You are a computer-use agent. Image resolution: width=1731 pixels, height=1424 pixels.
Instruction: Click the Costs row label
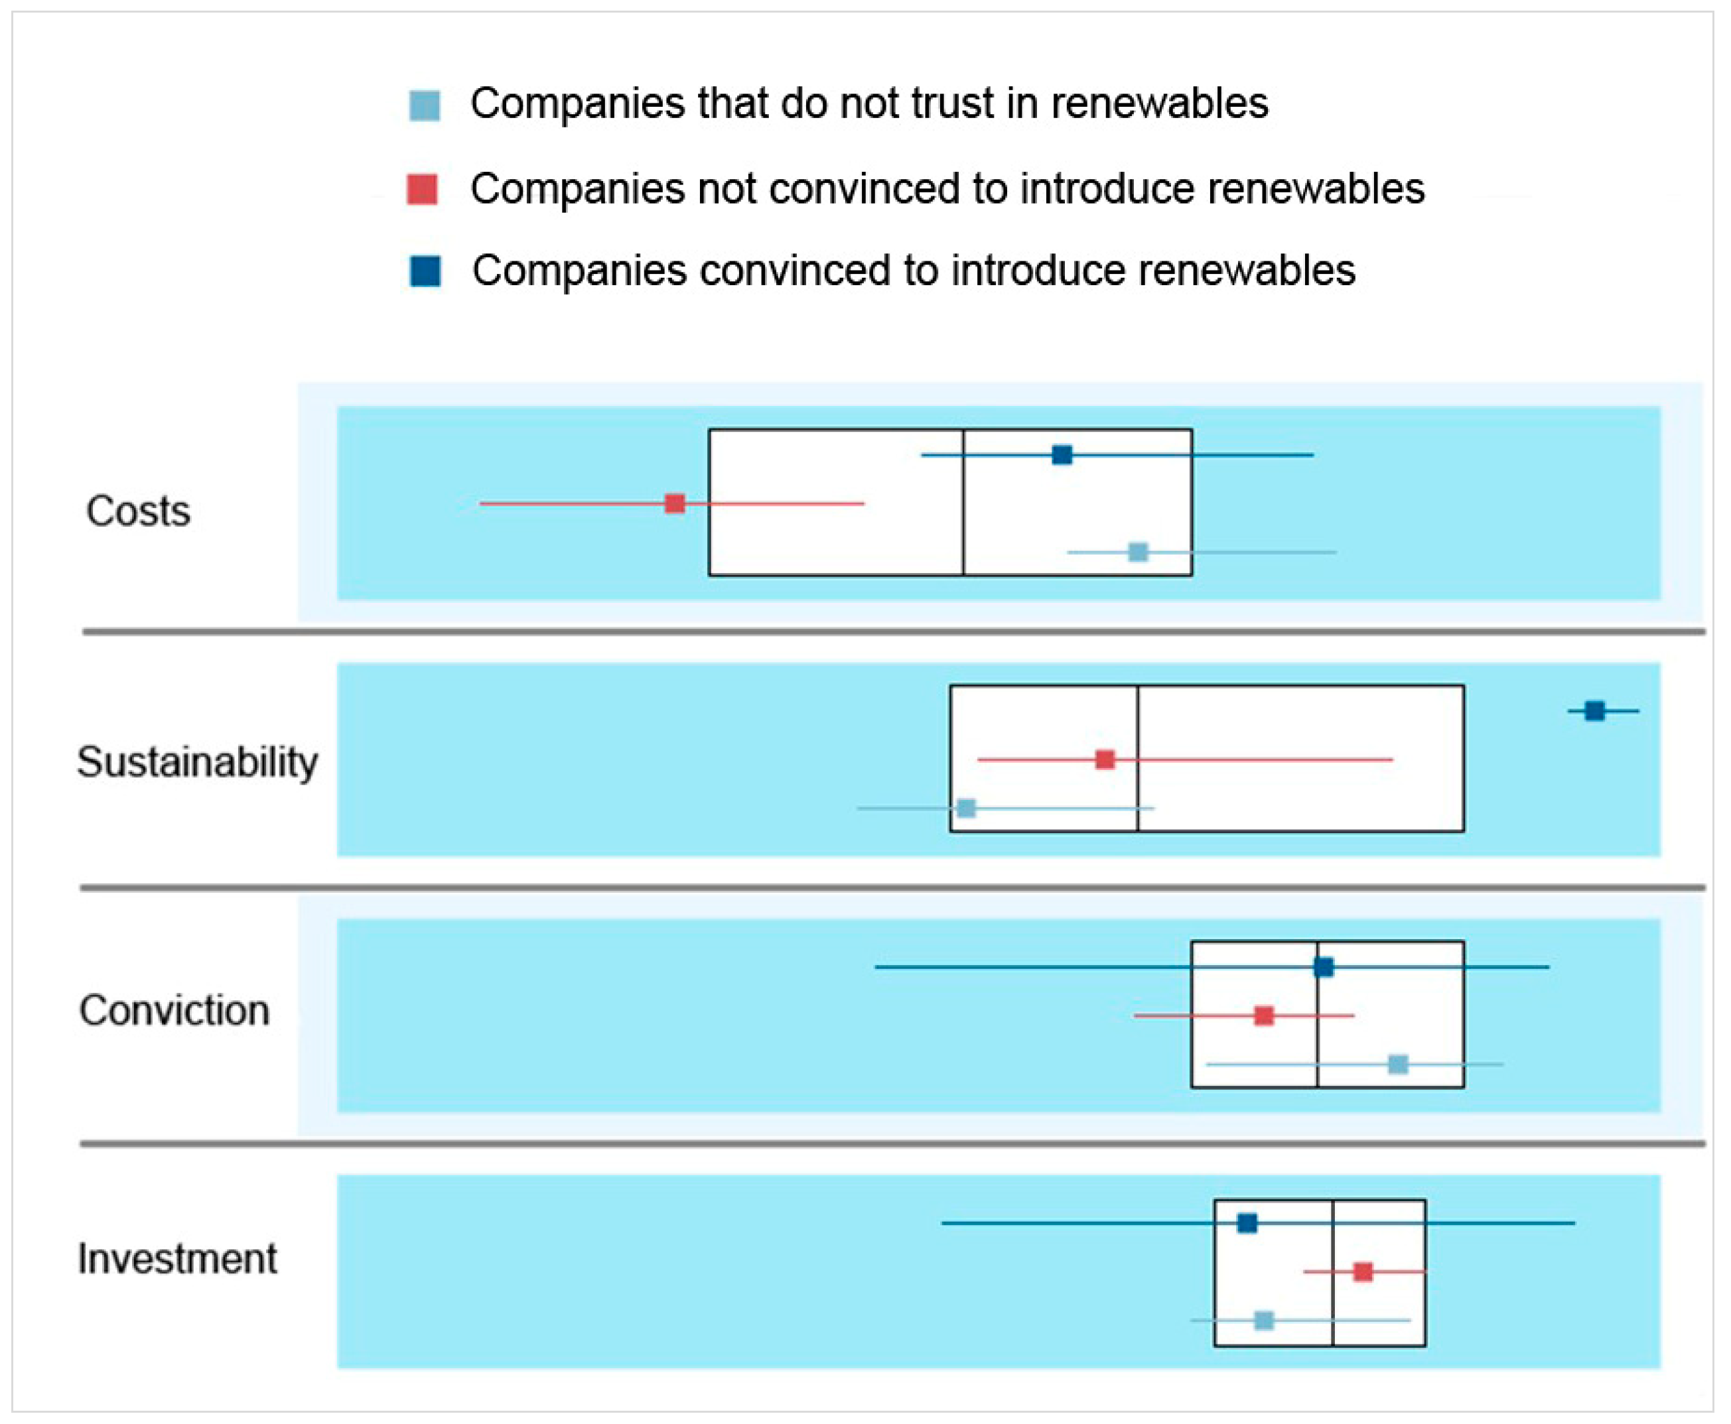click(x=138, y=511)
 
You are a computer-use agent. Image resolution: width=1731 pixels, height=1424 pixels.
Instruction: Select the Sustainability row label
click(x=197, y=762)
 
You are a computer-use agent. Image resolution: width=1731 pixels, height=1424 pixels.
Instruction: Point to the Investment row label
click(x=177, y=1258)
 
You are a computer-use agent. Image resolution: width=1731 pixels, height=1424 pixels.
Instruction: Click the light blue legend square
click(x=424, y=105)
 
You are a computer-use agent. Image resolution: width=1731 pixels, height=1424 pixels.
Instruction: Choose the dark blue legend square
click(x=425, y=271)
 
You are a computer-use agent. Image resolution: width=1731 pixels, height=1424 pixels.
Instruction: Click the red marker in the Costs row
click(x=674, y=503)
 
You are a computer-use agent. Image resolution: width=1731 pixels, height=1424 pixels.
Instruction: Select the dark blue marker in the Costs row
click(x=1062, y=454)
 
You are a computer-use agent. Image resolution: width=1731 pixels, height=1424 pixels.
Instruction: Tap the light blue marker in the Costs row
click(x=1138, y=551)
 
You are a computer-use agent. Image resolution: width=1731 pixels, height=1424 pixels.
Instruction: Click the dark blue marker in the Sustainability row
click(x=1594, y=710)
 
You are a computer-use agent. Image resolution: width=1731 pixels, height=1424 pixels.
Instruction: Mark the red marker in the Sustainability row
click(x=1105, y=759)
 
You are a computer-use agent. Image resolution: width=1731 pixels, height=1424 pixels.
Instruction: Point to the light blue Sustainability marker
click(x=967, y=808)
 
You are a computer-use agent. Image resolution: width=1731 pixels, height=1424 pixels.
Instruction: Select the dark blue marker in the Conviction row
click(x=1323, y=967)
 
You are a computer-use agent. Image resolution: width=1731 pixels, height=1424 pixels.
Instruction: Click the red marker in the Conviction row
click(x=1264, y=1015)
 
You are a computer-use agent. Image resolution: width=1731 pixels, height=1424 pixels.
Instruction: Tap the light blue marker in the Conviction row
click(x=1398, y=1064)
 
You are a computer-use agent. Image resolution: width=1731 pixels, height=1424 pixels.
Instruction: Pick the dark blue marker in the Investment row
click(x=1247, y=1223)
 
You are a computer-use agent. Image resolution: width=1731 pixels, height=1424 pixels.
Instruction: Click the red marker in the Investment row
click(x=1363, y=1271)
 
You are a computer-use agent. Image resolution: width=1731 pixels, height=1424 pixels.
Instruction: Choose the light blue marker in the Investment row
click(x=1264, y=1320)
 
